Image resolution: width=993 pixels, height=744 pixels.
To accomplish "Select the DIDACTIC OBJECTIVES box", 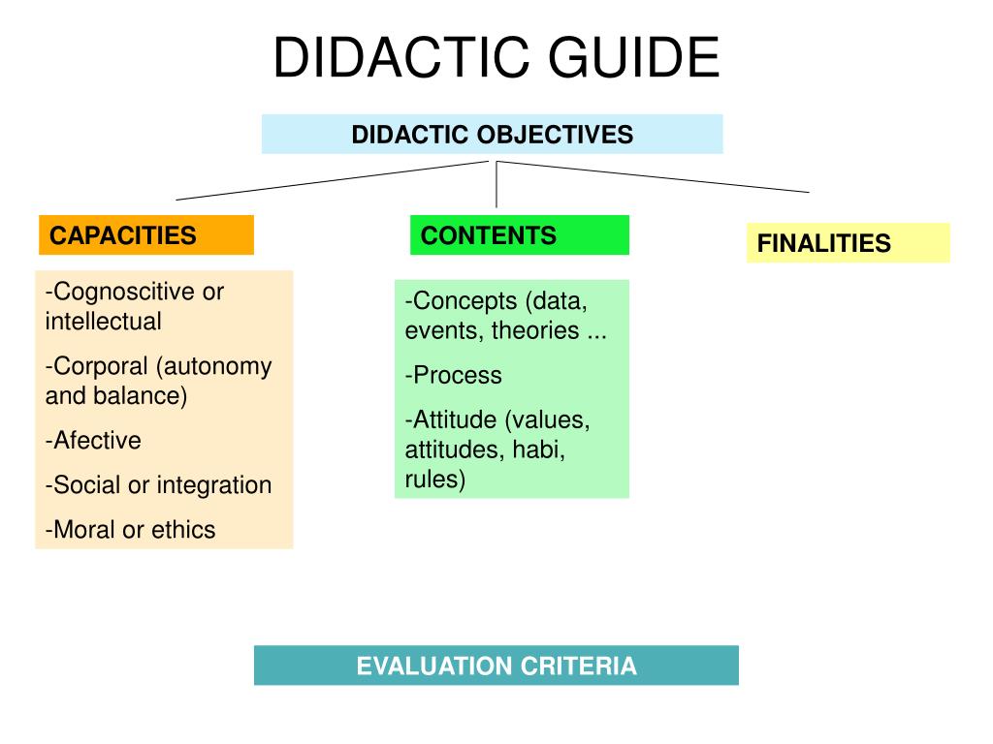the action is click(492, 134).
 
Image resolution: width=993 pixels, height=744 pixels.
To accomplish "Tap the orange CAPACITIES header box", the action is click(146, 235).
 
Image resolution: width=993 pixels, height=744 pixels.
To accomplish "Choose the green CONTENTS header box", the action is click(519, 235).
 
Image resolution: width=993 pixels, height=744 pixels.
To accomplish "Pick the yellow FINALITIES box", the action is click(848, 243).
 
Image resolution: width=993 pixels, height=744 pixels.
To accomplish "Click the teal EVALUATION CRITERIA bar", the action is click(496, 666).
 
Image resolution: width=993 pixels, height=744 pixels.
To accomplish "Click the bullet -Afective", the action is click(93, 441).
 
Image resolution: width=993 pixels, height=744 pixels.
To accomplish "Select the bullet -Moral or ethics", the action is click(130, 530).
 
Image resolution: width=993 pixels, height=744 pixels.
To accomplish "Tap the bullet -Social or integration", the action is click(158, 485).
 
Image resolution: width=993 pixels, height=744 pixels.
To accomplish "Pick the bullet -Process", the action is click(454, 376).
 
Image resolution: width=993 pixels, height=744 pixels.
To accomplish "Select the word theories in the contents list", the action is click(534, 330).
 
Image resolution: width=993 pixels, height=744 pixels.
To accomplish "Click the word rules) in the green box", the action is click(435, 480).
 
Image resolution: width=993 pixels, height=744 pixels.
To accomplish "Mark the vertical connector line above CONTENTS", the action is click(496, 184).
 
